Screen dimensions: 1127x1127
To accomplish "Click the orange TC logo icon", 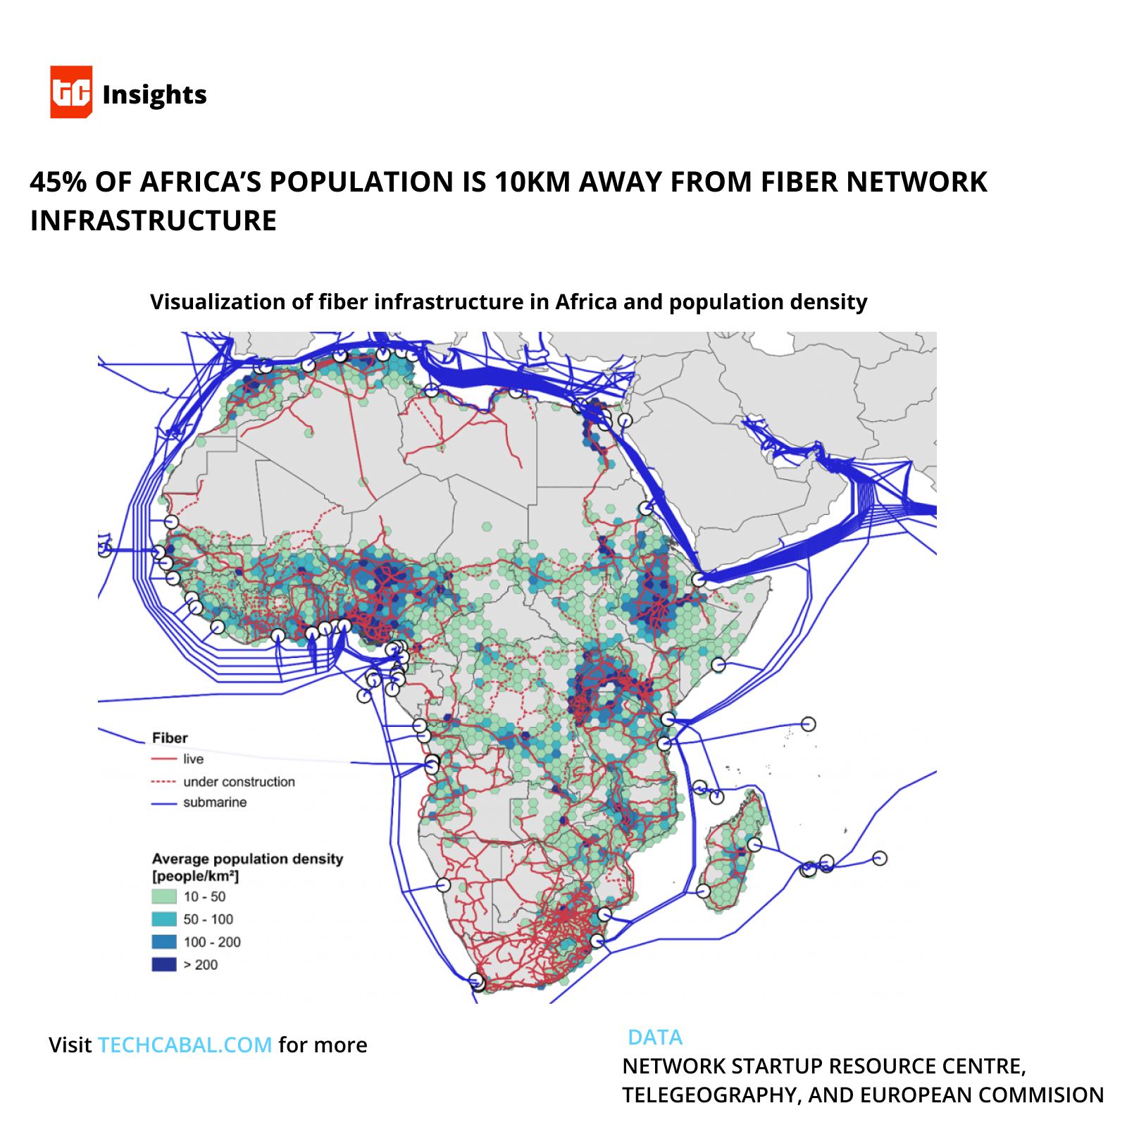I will pos(71,92).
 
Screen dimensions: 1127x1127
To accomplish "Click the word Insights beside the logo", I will pos(154,94).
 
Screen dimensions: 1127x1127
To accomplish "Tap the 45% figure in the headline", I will pos(58,182).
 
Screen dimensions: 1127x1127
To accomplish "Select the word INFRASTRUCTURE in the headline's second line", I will pos(153,220).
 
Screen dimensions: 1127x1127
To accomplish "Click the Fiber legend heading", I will pos(170,737).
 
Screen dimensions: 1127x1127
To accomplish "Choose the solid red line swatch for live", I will pos(163,759).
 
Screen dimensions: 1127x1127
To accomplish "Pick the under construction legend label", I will pos(239,781).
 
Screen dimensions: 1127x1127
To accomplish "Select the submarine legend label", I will pos(215,802).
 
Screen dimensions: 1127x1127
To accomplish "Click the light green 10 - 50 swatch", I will pos(164,897).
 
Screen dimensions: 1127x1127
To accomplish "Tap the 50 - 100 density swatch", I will pos(164,919).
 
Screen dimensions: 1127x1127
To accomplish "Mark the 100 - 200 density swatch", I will pos(164,942).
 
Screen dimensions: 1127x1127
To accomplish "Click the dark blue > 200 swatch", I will pos(164,964).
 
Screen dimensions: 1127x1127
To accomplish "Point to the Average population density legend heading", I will pos(247,859).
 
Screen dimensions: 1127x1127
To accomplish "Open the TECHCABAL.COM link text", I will pos(185,1045).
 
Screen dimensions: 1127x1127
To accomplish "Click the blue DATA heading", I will pos(654,1038).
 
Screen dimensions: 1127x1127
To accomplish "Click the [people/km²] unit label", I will pos(195,876).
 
